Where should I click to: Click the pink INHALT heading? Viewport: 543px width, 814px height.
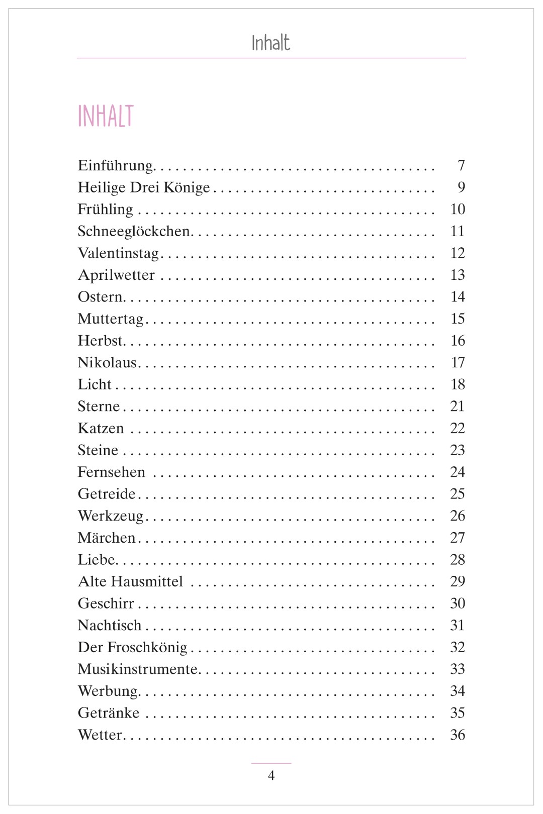106,116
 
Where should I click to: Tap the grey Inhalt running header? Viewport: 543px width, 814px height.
270,43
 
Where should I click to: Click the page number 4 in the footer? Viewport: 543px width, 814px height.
271,776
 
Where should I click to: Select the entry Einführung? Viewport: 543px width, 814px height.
116,165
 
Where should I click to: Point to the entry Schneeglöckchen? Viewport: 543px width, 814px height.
134,231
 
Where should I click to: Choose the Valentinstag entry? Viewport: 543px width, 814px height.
118,253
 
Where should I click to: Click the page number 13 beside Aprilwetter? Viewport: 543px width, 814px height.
458,275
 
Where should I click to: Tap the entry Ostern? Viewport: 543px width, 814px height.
100,297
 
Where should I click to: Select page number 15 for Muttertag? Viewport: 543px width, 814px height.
458,319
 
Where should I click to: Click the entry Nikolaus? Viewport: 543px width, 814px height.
107,362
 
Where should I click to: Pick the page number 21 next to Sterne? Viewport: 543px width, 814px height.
458,406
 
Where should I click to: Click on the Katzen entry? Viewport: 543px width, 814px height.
101,428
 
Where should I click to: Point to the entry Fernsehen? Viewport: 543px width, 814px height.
111,472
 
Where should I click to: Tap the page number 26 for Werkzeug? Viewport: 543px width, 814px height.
458,516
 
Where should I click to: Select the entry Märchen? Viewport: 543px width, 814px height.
107,538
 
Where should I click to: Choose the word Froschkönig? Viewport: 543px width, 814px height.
147,647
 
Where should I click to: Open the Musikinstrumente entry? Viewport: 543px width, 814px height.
138,669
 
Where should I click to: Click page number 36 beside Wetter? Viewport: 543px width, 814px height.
458,735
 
